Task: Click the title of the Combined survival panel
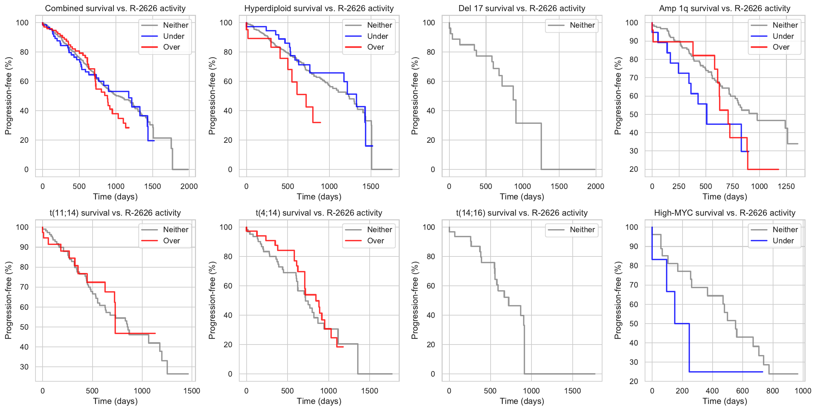pos(115,8)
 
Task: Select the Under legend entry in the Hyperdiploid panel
pos(377,36)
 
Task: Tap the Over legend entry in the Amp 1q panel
pos(781,47)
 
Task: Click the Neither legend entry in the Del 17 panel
pos(582,25)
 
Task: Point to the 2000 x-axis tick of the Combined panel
pos(189,186)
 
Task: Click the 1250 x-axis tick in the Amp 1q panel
pos(786,186)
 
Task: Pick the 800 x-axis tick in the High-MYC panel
pos(773,391)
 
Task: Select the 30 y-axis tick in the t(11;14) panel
pos(24,367)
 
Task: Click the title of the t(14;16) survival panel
pos(522,213)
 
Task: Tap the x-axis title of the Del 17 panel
pos(522,197)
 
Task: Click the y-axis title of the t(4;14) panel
pos(212,300)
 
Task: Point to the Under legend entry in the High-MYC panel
pos(783,241)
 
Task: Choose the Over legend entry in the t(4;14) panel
pos(375,241)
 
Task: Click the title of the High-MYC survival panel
pos(725,213)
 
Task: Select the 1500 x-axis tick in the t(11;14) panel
pos(192,391)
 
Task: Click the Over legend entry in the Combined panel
pos(171,47)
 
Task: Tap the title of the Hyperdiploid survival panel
pos(319,8)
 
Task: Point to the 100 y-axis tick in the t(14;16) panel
pos(429,227)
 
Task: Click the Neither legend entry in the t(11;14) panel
pos(176,230)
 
